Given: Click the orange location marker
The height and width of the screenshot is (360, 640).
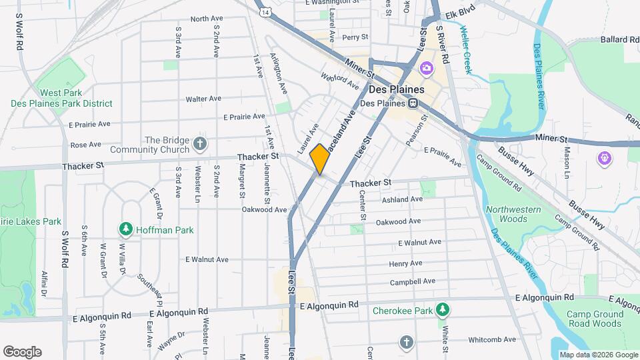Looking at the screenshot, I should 320,159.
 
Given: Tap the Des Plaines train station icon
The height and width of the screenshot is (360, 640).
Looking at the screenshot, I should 413,103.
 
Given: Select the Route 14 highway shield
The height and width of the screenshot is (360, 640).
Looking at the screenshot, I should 266,12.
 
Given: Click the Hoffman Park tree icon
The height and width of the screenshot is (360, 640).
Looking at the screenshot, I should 125,229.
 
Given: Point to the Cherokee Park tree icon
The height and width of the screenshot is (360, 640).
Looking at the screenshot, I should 441,309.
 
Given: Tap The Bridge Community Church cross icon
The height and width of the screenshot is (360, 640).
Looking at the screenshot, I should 199,144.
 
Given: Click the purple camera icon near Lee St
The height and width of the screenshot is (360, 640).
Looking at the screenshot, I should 426,68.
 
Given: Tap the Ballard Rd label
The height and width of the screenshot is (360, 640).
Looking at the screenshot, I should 619,40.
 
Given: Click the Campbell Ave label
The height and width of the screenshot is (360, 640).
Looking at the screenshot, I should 413,281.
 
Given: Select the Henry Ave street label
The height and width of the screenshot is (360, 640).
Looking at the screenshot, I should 405,263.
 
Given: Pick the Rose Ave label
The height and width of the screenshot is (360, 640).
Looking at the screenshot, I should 85,144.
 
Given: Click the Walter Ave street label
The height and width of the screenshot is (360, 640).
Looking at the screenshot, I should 203,99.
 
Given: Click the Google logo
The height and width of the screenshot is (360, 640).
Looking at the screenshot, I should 22,351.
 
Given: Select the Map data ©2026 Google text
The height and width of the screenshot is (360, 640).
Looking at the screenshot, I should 598,355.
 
